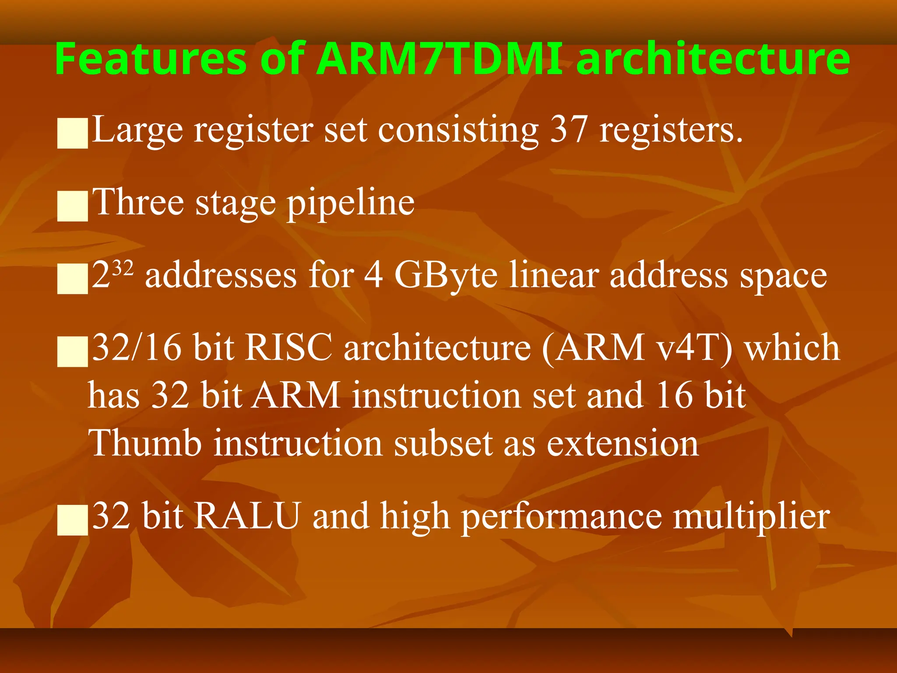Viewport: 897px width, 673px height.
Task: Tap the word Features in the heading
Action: pos(151,59)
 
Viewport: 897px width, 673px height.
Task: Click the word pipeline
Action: pos(350,203)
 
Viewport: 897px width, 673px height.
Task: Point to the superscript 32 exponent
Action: pos(123,267)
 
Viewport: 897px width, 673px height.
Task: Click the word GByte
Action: pos(446,275)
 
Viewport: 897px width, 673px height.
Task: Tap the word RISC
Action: pos(289,347)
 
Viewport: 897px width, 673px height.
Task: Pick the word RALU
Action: pos(247,516)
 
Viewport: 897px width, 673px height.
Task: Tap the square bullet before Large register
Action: pos(73,133)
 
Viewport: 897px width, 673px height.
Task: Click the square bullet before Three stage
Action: pos(73,205)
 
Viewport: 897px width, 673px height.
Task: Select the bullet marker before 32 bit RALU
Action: pos(73,520)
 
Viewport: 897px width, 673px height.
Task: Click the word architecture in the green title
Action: pos(713,59)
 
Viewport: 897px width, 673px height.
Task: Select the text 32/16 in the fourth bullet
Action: pos(137,347)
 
